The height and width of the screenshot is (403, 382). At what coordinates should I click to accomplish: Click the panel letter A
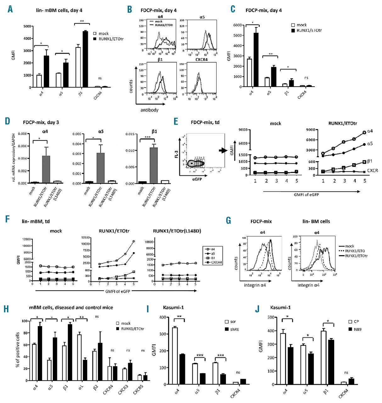tap(10, 9)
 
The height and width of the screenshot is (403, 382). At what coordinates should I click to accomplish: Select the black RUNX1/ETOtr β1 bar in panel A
tap(85, 59)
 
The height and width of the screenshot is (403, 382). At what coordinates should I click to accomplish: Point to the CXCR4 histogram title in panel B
tap(201, 59)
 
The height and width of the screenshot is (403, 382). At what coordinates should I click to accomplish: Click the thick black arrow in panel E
tap(223, 151)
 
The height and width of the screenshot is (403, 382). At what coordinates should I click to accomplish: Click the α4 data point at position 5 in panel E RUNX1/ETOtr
tap(364, 133)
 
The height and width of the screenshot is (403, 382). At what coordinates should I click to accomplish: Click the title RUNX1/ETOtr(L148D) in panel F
tap(177, 231)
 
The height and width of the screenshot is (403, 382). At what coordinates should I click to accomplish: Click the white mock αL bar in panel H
tap(80, 357)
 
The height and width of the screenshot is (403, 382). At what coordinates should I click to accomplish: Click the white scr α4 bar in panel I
tap(175, 356)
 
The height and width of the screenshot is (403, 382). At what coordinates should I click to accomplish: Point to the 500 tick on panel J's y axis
tap(269, 317)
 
